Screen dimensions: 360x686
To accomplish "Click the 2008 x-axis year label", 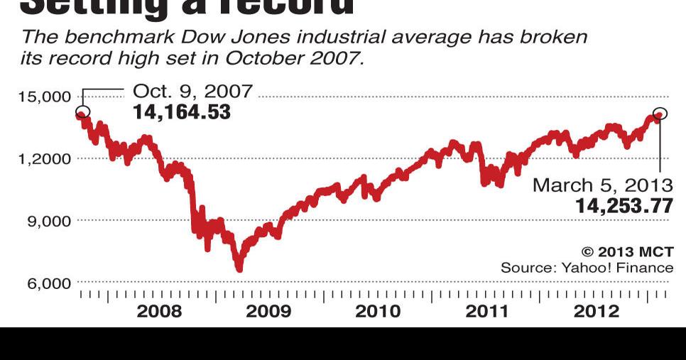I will click(159, 311).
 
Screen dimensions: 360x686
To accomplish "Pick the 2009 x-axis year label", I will click(268, 311).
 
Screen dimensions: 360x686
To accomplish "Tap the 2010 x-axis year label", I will click(377, 311).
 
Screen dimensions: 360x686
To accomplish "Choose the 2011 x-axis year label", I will click(487, 311).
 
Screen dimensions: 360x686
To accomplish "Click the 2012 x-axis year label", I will click(597, 311).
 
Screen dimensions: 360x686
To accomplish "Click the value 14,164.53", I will click(182, 111).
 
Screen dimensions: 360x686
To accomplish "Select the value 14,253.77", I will click(624, 206).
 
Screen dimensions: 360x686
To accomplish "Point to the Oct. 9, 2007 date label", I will click(192, 91).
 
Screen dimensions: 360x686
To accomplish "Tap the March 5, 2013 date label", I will click(602, 185).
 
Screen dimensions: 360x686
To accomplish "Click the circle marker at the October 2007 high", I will click(82, 112).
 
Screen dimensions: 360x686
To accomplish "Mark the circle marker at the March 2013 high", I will click(660, 115).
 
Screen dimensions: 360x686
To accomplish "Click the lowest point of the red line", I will click(239, 268).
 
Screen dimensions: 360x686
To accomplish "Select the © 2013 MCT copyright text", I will click(627, 251).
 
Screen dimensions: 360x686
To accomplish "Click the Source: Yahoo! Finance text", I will click(587, 268).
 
